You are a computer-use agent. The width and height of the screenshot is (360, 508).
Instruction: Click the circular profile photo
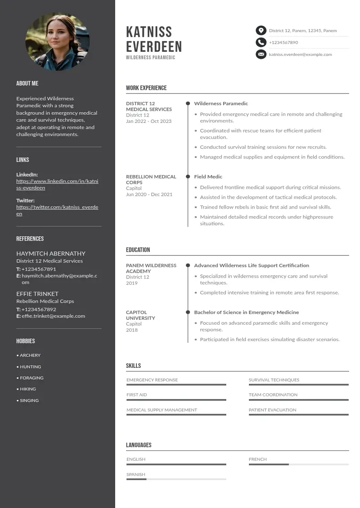[58, 41]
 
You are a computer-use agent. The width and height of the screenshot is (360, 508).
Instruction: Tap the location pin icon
[261, 30]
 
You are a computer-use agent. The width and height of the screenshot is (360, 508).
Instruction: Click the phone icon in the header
[261, 43]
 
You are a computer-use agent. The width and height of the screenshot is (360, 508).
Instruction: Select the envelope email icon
[261, 54]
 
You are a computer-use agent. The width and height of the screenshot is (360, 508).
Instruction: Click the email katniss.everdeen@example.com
[300, 54]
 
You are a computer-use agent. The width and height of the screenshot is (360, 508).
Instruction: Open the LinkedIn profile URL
[57, 184]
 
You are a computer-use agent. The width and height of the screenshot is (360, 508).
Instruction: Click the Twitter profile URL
[57, 210]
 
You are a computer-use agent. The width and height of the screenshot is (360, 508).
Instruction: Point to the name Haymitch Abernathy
[51, 254]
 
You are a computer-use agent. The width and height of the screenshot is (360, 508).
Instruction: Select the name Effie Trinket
[37, 293]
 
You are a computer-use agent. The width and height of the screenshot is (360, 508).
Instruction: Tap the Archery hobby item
[29, 355]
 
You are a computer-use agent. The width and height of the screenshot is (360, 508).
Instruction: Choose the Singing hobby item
[29, 401]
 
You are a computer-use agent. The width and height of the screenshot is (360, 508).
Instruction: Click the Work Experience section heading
[146, 88]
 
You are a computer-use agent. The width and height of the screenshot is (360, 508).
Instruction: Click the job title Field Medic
[208, 176]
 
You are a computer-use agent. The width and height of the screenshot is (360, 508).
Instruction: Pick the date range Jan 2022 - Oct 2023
[149, 121]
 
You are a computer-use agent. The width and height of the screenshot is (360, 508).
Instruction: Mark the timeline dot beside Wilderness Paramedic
[188, 103]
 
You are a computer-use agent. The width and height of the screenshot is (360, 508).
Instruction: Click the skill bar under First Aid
[176, 400]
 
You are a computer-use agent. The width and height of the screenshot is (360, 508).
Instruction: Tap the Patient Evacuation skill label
[272, 410]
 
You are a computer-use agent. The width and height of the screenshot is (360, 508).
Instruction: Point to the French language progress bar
[298, 464]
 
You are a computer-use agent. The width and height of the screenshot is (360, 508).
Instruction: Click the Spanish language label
[136, 474]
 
